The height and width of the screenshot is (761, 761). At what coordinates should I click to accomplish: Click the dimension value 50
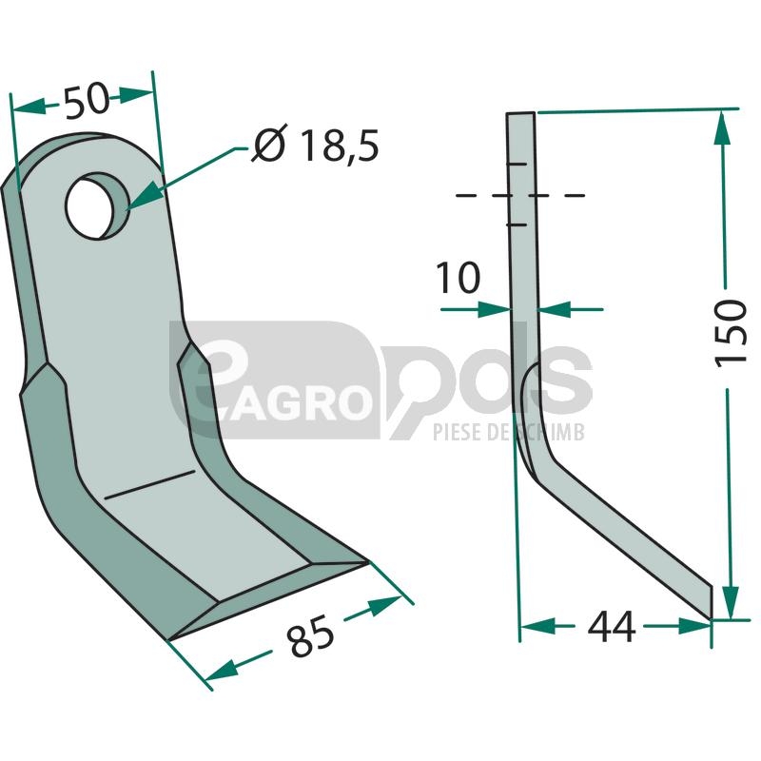tap(87, 101)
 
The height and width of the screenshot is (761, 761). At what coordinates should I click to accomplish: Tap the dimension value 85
tap(311, 634)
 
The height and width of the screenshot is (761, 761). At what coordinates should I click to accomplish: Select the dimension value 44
tap(611, 627)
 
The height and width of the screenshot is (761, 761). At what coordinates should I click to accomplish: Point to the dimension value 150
tap(730, 333)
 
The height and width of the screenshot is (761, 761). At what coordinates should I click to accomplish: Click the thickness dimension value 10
tap(458, 278)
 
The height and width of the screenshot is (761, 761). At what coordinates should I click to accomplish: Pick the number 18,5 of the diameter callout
tap(340, 146)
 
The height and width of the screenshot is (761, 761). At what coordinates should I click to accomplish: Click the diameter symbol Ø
tap(269, 145)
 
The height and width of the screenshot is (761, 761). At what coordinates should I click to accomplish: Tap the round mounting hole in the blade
tap(97, 206)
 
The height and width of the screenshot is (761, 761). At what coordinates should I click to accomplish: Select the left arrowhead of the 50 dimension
tap(29, 107)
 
